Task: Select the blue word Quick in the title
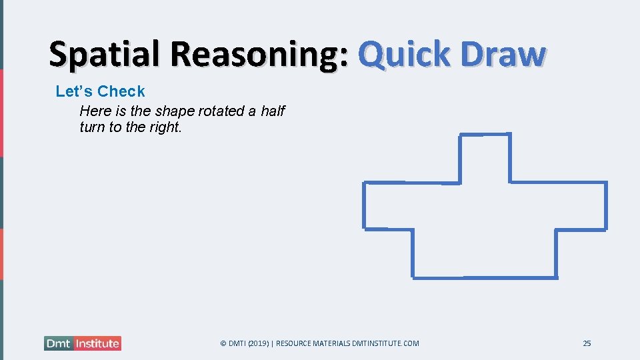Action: tap(404, 55)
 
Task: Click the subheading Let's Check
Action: tap(100, 91)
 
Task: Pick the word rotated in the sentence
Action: tap(222, 111)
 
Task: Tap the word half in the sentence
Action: tap(273, 111)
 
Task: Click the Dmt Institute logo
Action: tap(83, 343)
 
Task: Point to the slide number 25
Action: tap(587, 343)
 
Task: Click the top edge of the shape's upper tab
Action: tap(485, 135)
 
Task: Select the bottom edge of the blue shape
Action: tap(485, 277)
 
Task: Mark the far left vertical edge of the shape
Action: tap(364, 205)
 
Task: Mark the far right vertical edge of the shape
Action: tap(606, 205)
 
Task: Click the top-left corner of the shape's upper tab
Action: tap(460, 135)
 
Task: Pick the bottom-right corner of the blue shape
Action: tap(557, 277)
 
